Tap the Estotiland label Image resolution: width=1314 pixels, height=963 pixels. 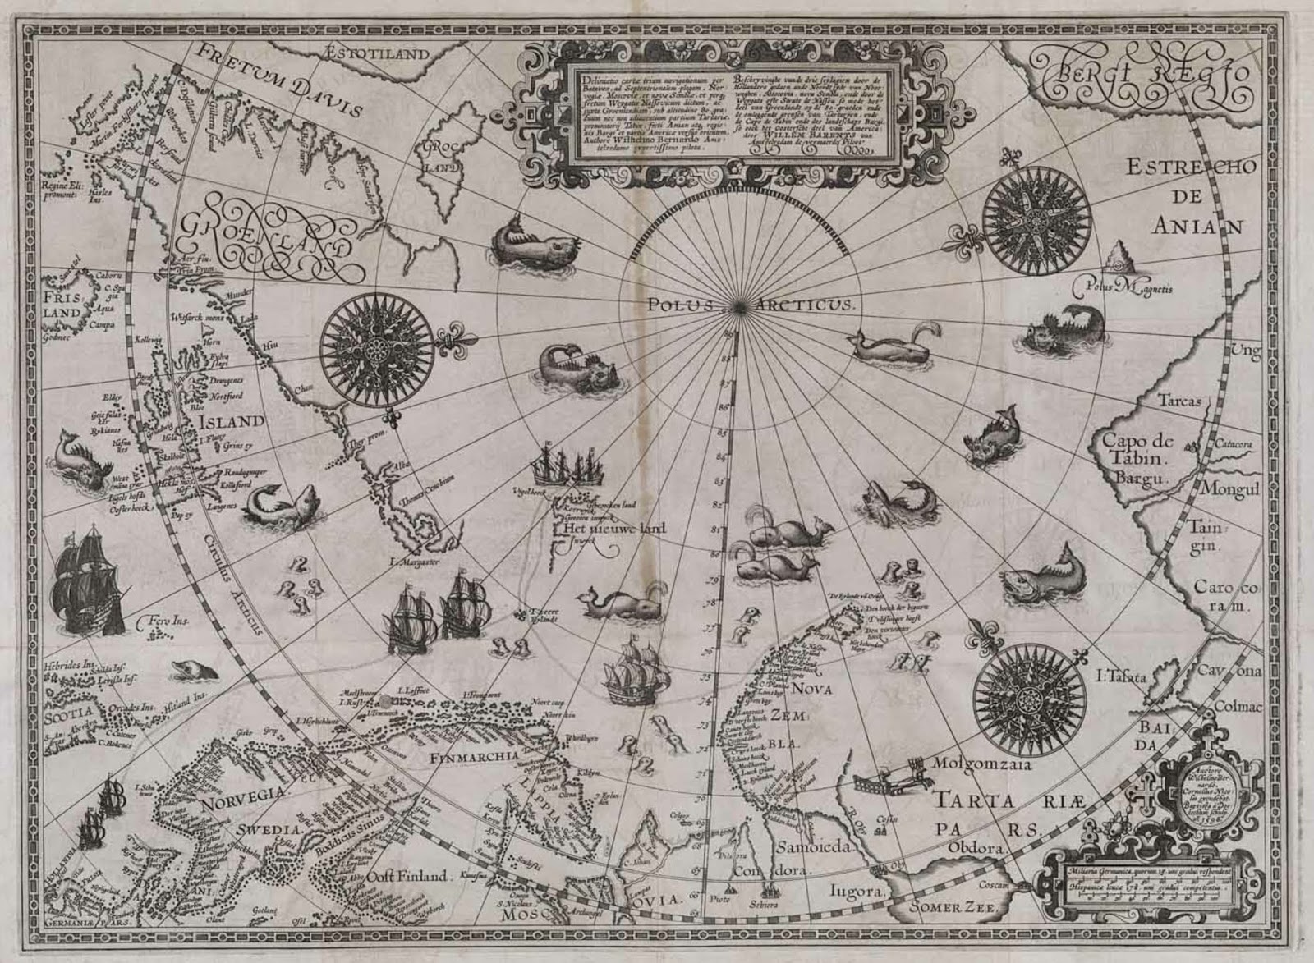(378, 54)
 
